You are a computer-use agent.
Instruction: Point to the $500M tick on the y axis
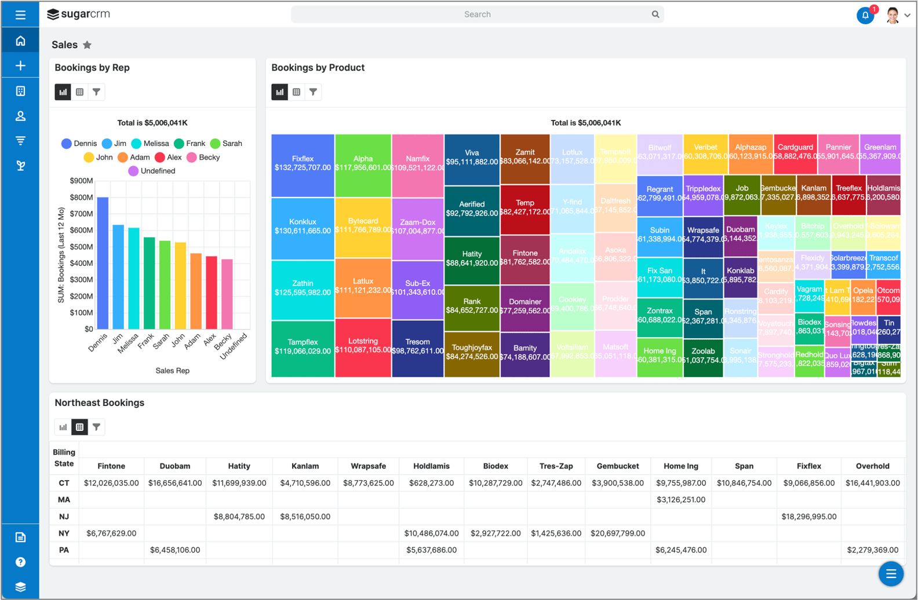tap(81, 247)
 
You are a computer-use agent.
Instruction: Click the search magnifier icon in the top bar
tap(655, 14)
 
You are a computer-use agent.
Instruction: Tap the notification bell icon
tap(865, 16)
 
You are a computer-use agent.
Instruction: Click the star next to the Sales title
tap(88, 45)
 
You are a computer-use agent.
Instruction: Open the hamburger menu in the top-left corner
tap(20, 14)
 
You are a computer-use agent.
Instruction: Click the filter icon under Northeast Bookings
tap(97, 427)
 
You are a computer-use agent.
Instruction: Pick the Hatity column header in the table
tap(239, 466)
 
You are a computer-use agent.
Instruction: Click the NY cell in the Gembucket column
tap(618, 533)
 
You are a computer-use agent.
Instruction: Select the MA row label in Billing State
tap(64, 500)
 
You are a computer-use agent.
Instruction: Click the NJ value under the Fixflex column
tap(808, 517)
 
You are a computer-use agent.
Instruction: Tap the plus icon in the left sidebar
tap(20, 65)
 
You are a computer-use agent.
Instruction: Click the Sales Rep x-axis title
tap(172, 371)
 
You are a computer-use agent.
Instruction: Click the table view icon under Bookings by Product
tap(297, 92)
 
